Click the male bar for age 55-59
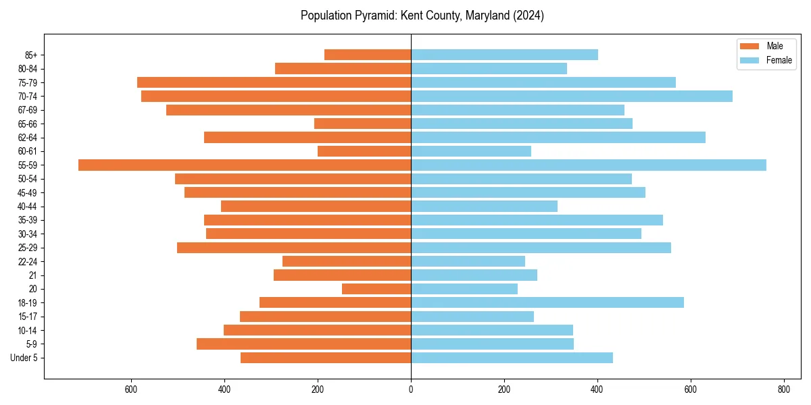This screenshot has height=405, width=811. [245, 165]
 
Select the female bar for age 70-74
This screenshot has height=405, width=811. [572, 96]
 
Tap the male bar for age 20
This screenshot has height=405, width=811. [376, 289]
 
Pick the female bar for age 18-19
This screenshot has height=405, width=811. [547, 302]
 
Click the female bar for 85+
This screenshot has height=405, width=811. [504, 55]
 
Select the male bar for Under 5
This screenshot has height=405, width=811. [326, 358]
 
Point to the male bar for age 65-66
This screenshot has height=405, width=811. [362, 124]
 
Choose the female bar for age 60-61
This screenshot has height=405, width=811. [471, 151]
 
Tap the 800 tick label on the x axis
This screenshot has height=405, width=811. [784, 389]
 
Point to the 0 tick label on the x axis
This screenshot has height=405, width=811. [411, 389]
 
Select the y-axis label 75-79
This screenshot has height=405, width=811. [28, 82]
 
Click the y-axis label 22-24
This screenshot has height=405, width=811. [28, 261]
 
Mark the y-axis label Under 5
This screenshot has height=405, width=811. [24, 358]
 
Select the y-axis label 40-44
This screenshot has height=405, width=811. [28, 207]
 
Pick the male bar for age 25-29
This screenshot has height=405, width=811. [294, 248]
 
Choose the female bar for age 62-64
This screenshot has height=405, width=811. [558, 137]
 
